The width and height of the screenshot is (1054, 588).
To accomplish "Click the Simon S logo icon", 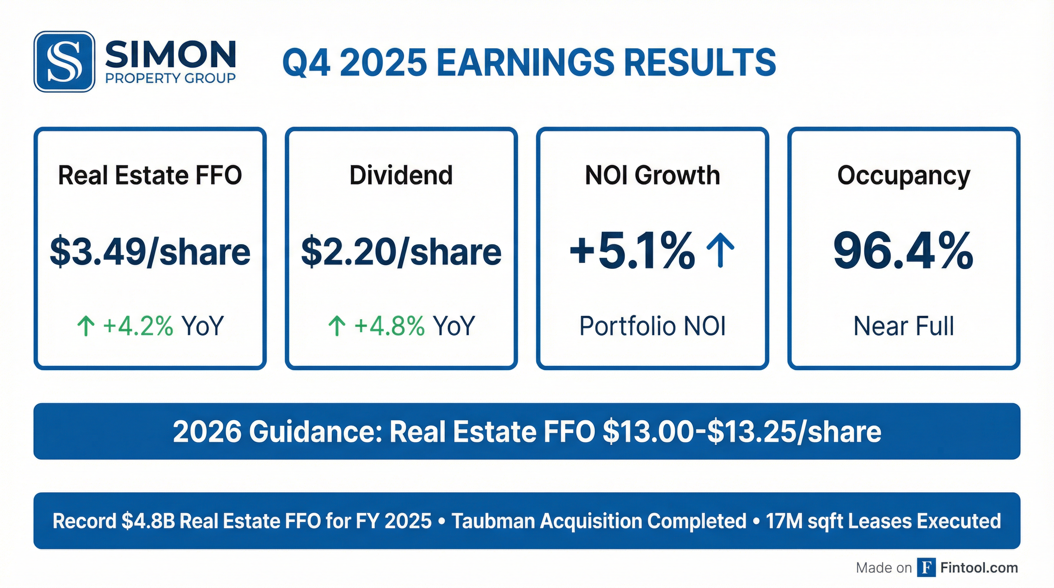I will pos(64,62).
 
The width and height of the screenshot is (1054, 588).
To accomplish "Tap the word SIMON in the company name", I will pos(170,54).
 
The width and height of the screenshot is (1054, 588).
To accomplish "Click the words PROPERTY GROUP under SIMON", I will pos(170,78).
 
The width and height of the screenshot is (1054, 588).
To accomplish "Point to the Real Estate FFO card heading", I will pos(150,175).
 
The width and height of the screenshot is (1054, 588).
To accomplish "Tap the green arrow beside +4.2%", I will pos(86,326).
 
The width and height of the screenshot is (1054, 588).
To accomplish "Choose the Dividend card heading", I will pos(401,175).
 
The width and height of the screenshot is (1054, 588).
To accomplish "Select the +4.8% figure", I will pos(389,326).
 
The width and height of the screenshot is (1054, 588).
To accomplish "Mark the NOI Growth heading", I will pos(652,175).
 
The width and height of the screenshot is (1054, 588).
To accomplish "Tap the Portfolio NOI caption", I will pos(652,326).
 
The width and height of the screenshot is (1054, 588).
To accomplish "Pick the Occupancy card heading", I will pos(903,175).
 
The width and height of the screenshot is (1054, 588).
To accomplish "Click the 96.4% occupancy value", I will pos(903,251).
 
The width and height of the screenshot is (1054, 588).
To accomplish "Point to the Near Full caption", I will pos(903,326).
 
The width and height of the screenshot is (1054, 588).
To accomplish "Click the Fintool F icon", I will pos(926,567).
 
